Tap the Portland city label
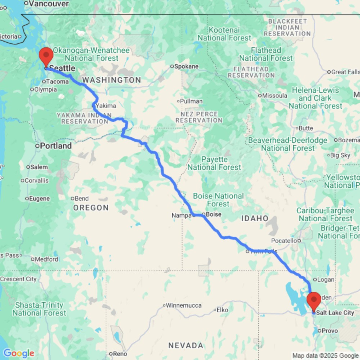coord(55,146)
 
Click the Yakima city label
coord(106,106)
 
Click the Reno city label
coord(120,354)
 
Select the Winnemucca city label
coord(183,306)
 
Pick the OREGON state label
coord(91,208)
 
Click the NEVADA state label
coord(186,346)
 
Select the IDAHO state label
coord(255,219)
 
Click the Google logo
coord(18,354)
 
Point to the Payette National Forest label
coord(214,163)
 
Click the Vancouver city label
coord(49,4)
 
